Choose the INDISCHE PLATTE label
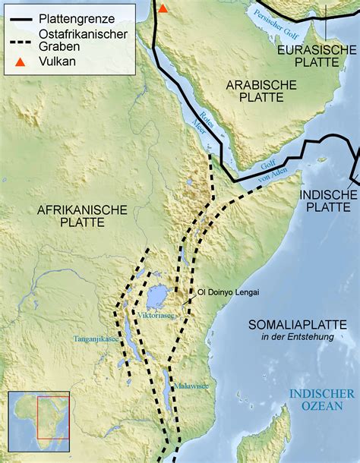[327, 202]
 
